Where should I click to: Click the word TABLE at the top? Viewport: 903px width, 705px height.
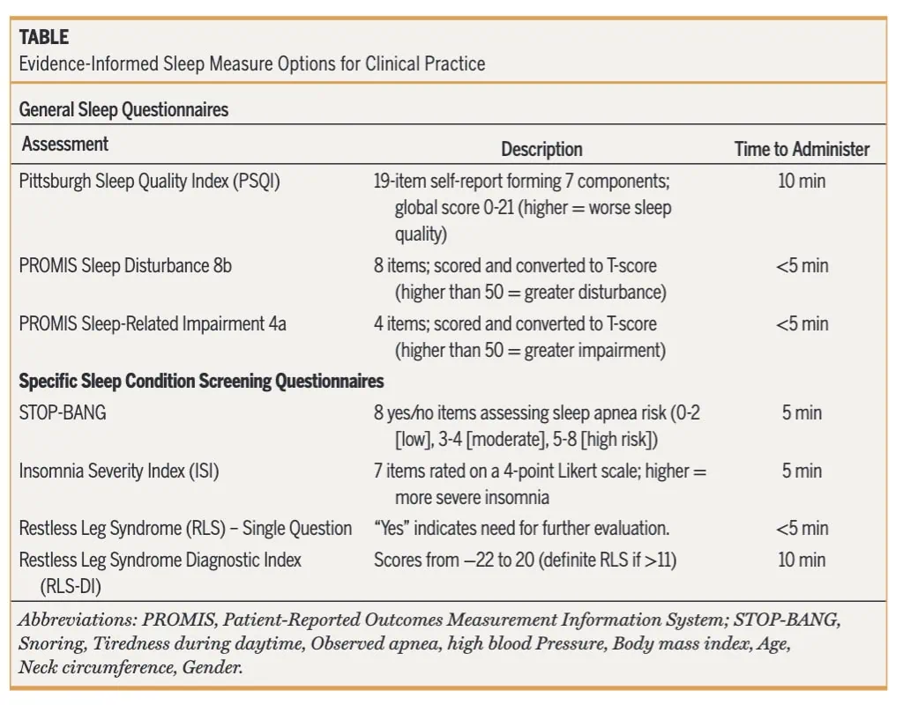pyautogui.click(x=44, y=37)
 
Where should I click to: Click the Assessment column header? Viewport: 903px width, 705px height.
pyautogui.click(x=65, y=144)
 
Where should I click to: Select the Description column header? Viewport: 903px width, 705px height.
pyautogui.click(x=542, y=149)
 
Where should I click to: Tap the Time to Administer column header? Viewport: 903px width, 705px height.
pyautogui.click(x=802, y=149)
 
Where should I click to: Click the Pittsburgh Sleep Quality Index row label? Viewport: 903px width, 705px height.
pyautogui.click(x=150, y=182)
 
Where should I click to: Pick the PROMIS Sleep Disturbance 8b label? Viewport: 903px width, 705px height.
pyautogui.click(x=125, y=266)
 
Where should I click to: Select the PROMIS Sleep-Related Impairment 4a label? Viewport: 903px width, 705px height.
pyautogui.click(x=153, y=324)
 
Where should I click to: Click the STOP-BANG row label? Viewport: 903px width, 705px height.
pyautogui.click(x=63, y=412)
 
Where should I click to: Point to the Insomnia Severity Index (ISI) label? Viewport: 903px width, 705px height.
pyautogui.click(x=119, y=471)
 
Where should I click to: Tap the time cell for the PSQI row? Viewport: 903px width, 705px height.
pyautogui.click(x=802, y=182)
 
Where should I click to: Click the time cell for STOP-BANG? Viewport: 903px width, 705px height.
pyautogui.click(x=802, y=412)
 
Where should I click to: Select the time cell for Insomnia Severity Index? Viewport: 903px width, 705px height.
pyautogui.click(x=802, y=471)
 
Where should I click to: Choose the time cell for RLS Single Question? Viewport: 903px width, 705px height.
pyautogui.click(x=802, y=528)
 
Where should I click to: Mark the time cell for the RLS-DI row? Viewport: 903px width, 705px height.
pyautogui.click(x=802, y=560)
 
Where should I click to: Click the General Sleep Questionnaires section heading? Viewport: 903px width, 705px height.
pyautogui.click(x=123, y=109)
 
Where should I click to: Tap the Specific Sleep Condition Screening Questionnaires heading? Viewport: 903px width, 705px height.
pyautogui.click(x=202, y=381)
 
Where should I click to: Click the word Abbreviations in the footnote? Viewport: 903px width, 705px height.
pyautogui.click(x=78, y=620)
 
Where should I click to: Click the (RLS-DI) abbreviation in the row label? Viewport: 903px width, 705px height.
pyautogui.click(x=71, y=586)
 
